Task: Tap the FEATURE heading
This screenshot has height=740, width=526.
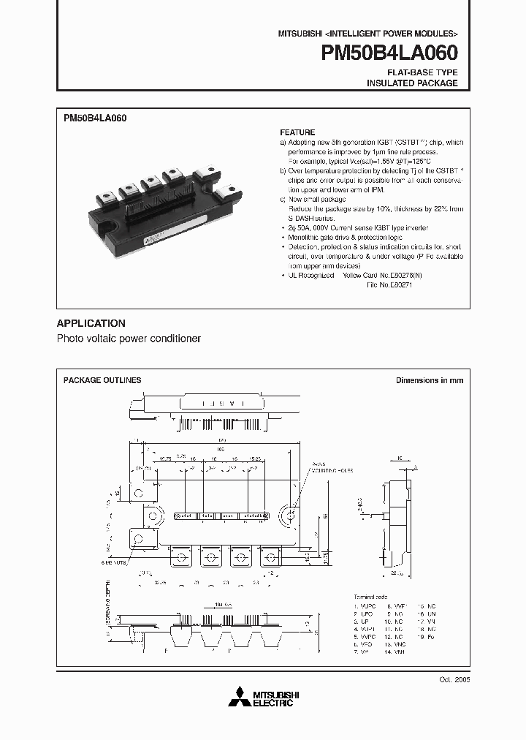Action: (x=297, y=132)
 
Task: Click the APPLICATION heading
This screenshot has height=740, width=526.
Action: (x=91, y=323)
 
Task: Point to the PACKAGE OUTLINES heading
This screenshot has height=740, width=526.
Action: (x=102, y=380)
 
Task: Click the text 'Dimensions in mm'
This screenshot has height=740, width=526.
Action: (x=430, y=380)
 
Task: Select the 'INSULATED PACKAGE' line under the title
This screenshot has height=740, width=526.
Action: (x=412, y=83)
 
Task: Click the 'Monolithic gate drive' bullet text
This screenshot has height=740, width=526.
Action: (x=322, y=237)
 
